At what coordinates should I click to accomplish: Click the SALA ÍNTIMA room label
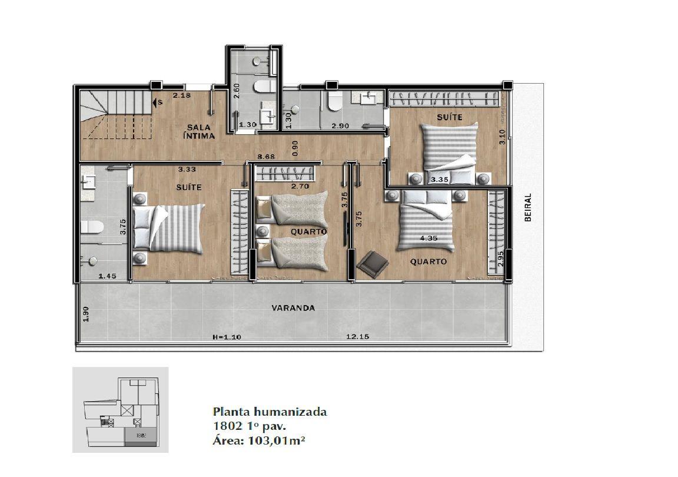199,131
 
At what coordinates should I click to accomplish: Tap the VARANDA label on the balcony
293,308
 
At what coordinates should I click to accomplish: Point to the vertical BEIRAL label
527,207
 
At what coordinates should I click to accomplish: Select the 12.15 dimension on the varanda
358,336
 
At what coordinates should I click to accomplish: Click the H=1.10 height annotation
227,336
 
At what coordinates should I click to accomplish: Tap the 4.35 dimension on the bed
428,238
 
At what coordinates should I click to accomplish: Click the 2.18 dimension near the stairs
182,95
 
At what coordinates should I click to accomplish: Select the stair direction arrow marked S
158,102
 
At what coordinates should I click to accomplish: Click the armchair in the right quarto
373,262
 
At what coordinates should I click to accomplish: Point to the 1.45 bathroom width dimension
107,276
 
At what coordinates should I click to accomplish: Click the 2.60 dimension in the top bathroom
237,91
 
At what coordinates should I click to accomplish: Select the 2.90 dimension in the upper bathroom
340,126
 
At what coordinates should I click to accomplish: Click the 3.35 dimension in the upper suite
439,179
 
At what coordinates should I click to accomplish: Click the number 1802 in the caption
224,426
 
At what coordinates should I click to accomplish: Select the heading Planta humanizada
270,411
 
